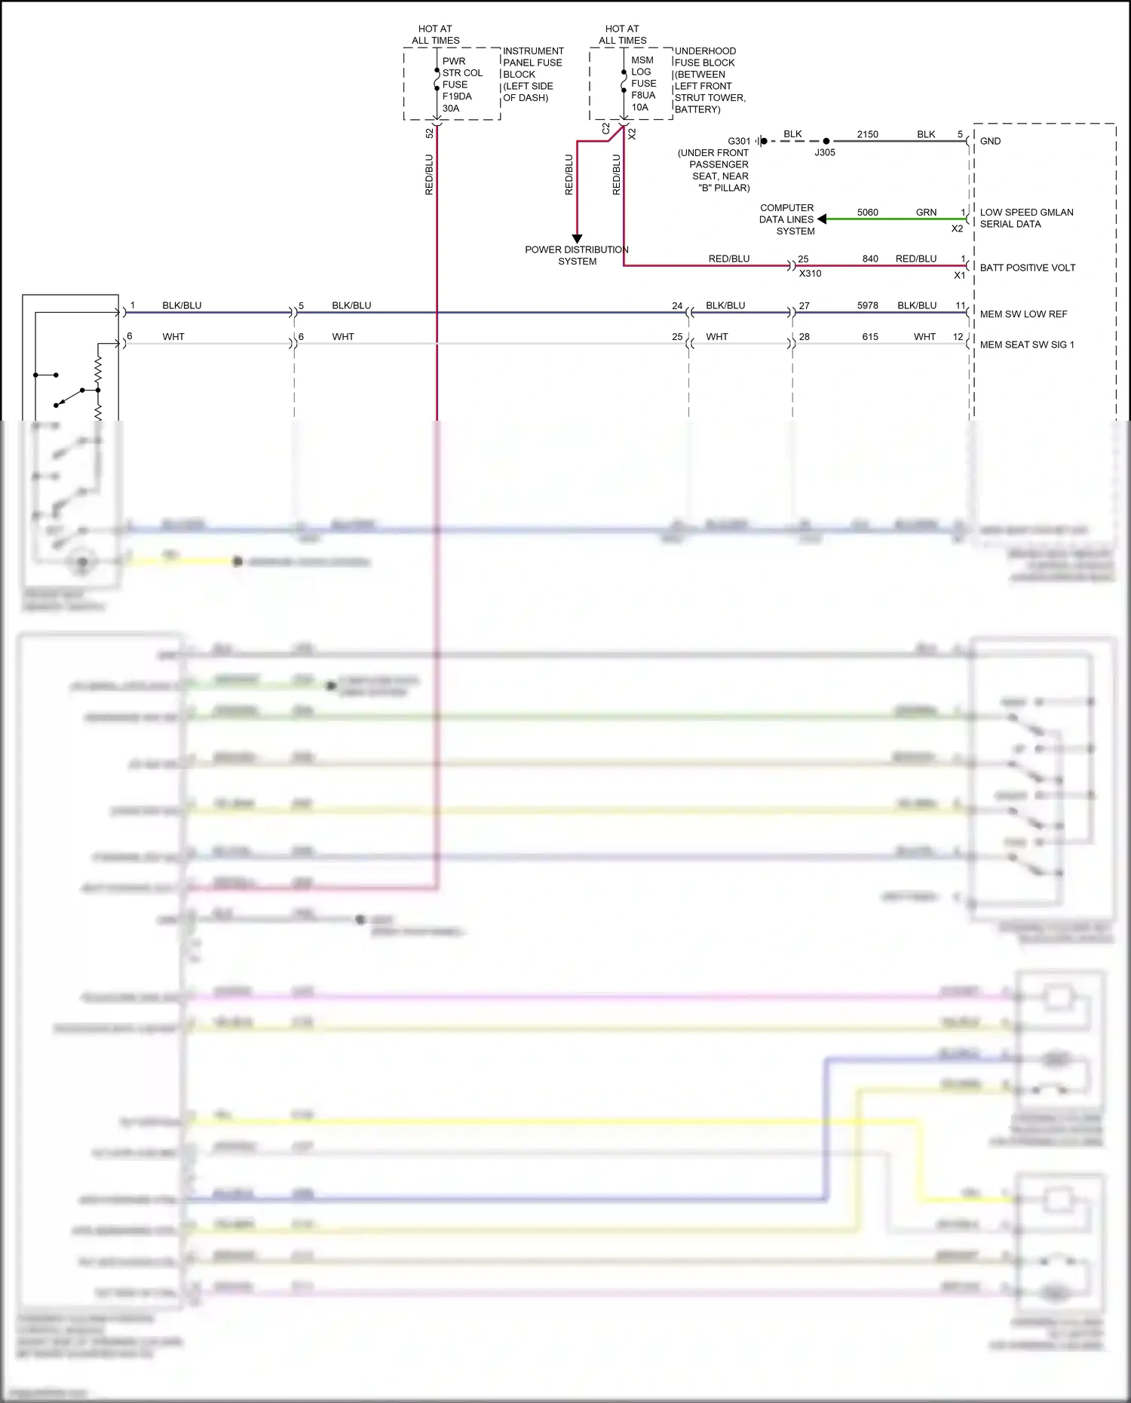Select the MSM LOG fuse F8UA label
(x=643, y=84)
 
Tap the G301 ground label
(x=738, y=141)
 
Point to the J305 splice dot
(x=826, y=141)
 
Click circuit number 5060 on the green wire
(x=867, y=213)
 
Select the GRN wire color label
(x=926, y=213)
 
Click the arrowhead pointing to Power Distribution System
(x=577, y=238)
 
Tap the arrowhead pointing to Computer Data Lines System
(x=822, y=219)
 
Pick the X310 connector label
(x=810, y=274)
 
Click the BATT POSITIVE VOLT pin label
(x=1027, y=268)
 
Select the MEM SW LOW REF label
(x=1023, y=314)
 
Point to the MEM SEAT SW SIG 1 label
(x=1026, y=345)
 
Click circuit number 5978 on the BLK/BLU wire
(x=867, y=305)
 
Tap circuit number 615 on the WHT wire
(x=869, y=337)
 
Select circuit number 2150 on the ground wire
(x=867, y=134)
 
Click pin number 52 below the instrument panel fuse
(x=430, y=133)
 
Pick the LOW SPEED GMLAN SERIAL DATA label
(x=1026, y=218)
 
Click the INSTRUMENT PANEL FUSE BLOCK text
(x=532, y=74)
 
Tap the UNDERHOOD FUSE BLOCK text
(x=709, y=80)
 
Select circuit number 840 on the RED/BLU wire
(x=869, y=259)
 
